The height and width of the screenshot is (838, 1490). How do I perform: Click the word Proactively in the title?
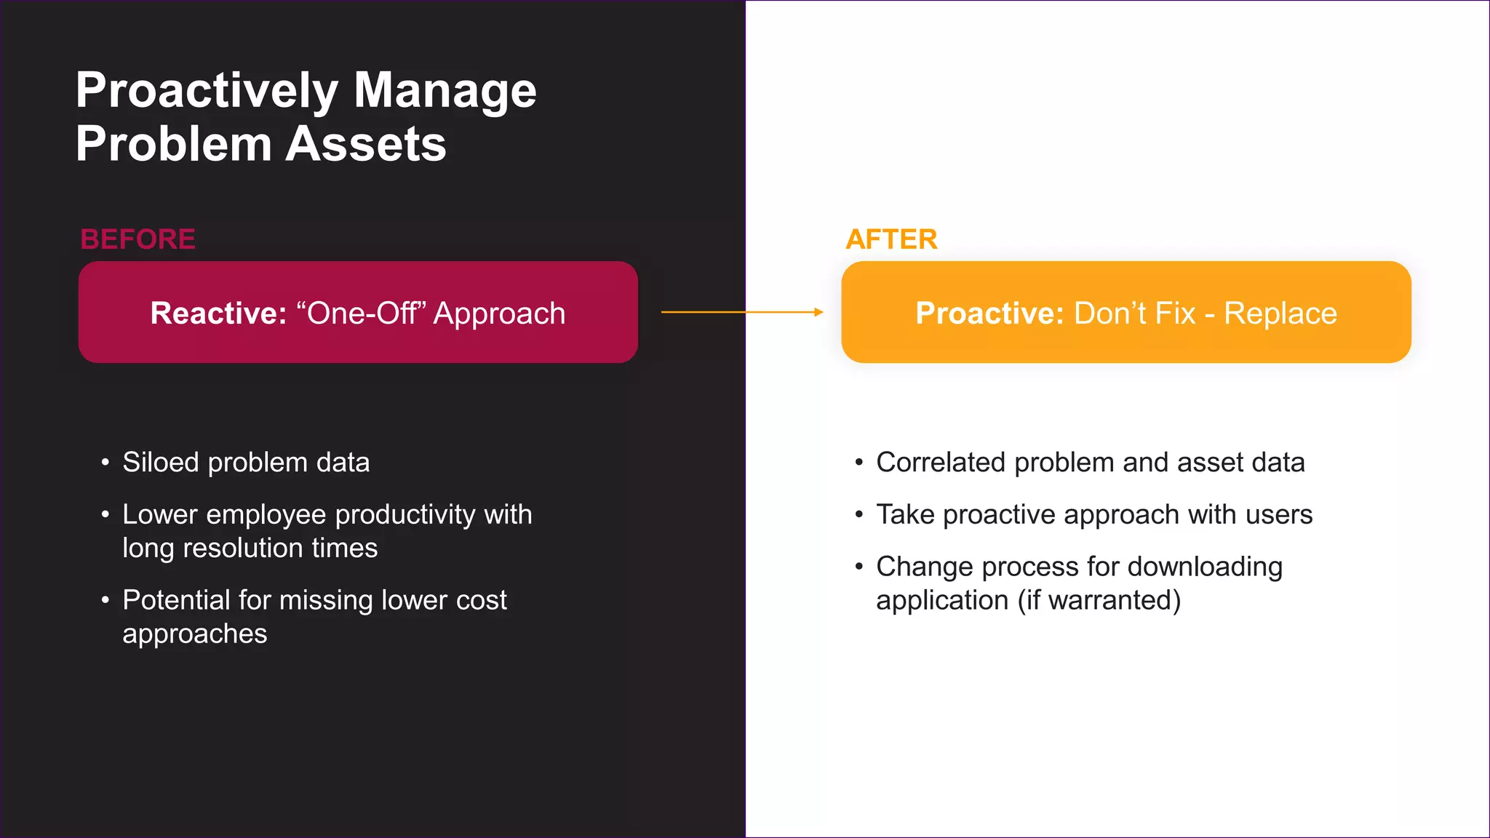pyautogui.click(x=207, y=92)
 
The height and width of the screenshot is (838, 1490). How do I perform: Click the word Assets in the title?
pyautogui.click(x=365, y=144)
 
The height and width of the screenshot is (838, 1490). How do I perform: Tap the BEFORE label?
pyautogui.click(x=138, y=239)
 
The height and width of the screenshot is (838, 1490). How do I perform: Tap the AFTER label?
pyautogui.click(x=891, y=239)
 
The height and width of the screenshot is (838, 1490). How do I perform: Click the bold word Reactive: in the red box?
pyautogui.click(x=218, y=314)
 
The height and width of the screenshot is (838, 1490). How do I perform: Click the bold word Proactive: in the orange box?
pyautogui.click(x=989, y=314)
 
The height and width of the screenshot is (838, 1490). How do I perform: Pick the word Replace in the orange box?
pyautogui.click(x=1280, y=314)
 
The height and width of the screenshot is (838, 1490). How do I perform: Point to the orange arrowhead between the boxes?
pyautogui.click(x=818, y=312)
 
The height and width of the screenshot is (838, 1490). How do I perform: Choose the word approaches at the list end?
pyautogui.click(x=195, y=634)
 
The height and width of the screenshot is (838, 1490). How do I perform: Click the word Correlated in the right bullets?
pyautogui.click(x=941, y=463)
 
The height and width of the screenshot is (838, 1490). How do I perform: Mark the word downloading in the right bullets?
pyautogui.click(x=1205, y=567)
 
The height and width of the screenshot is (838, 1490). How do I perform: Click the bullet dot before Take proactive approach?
pyautogui.click(x=859, y=515)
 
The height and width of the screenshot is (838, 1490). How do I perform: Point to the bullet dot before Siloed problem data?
pyautogui.click(x=105, y=463)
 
